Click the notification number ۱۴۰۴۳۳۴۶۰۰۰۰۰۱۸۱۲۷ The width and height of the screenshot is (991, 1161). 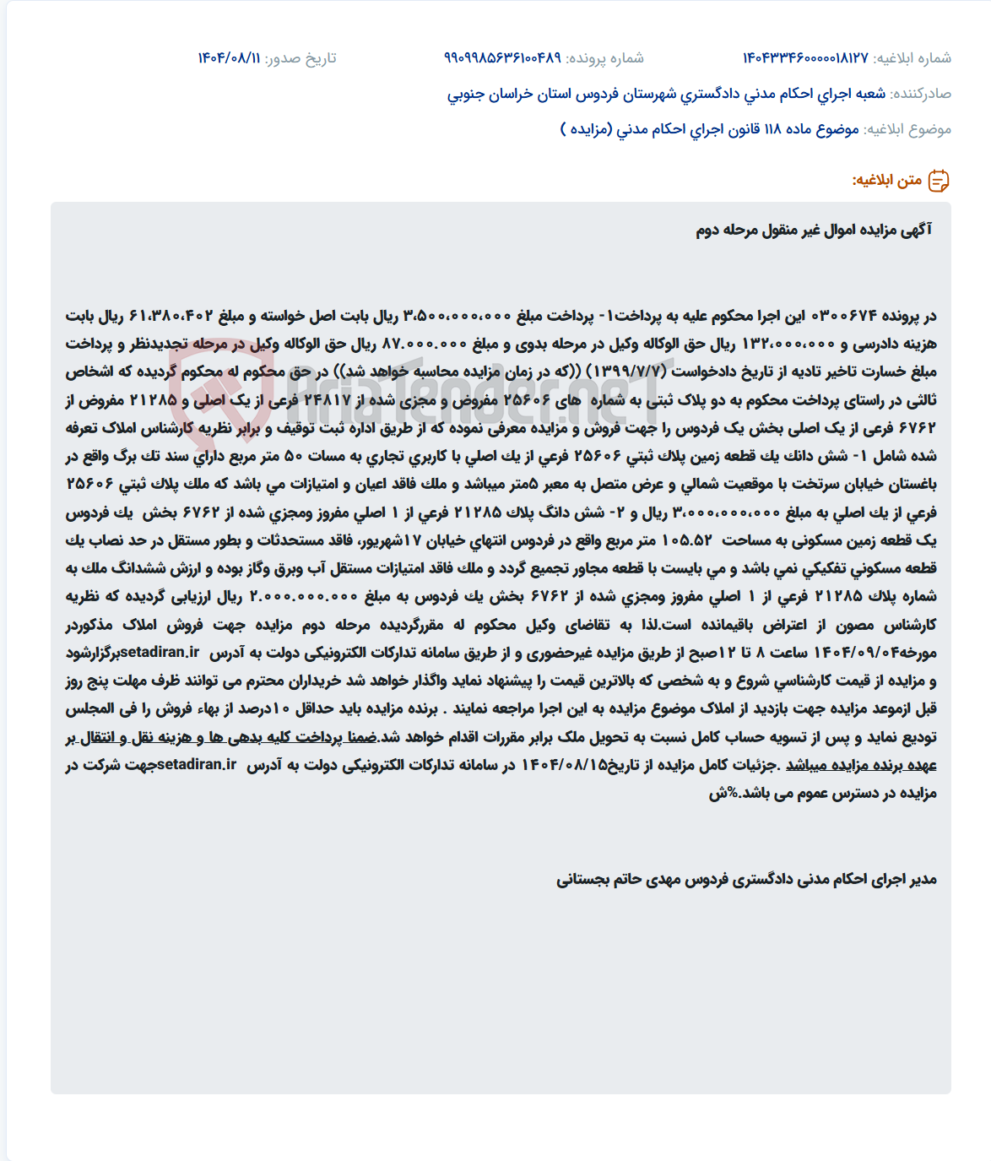pos(805,58)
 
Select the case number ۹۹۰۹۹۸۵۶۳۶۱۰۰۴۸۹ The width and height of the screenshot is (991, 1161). pos(502,58)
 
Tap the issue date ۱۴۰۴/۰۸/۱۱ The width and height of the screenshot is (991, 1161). pos(229,58)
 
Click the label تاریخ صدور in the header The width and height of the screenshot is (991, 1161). pos(301,58)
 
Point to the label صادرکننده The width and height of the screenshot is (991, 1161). pos(921,94)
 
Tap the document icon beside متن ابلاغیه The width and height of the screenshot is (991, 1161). pos(939,181)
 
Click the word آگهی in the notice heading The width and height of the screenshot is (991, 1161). pos(917,230)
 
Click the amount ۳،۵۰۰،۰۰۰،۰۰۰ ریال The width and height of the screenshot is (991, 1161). pos(457,316)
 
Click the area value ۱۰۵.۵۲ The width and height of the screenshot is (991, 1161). pos(687,540)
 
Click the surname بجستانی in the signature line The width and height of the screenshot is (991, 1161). pos(588,880)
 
